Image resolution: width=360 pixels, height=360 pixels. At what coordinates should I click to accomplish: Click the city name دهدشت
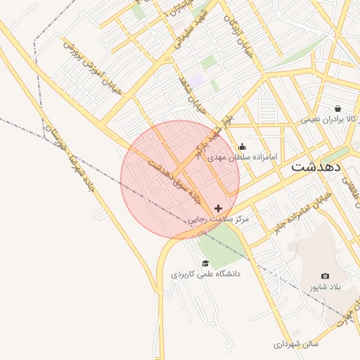[x=316, y=167]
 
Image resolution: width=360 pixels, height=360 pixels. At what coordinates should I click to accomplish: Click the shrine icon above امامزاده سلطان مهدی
[x=243, y=147]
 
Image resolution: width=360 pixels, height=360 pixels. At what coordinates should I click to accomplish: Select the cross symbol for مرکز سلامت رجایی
[x=219, y=208]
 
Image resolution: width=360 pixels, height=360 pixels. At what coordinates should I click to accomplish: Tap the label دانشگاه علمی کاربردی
[x=205, y=274]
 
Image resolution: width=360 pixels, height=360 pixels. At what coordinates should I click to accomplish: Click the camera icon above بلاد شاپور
[x=325, y=276]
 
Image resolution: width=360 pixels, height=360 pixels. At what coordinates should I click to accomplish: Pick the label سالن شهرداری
[x=296, y=345]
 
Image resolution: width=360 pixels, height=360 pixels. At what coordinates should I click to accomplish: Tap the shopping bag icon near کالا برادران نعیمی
[x=338, y=108]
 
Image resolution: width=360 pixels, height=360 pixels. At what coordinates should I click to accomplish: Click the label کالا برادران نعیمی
[x=330, y=119]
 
